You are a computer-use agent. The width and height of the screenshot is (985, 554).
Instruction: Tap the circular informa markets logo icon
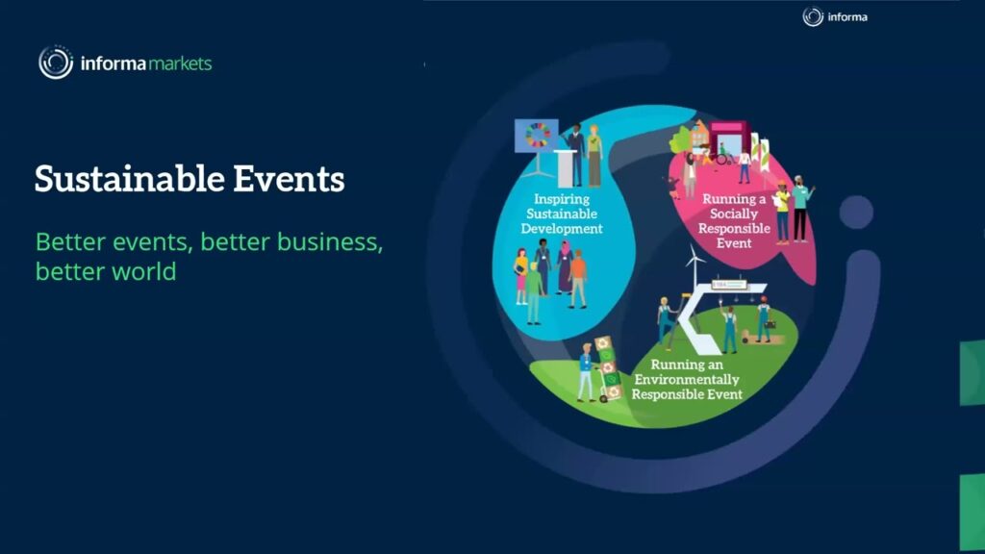tap(56, 63)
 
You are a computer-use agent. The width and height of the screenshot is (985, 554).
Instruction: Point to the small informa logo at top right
tap(835, 16)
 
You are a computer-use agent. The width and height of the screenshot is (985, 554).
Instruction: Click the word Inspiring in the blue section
tap(561, 199)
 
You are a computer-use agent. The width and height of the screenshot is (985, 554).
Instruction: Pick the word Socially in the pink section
tap(734, 214)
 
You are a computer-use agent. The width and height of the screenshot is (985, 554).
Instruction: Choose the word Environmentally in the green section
tap(687, 380)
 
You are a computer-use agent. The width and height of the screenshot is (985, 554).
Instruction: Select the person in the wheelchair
tap(721, 155)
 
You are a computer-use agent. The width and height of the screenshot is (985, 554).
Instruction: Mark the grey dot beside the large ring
tap(855, 212)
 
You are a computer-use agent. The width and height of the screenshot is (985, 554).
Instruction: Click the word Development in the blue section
tap(562, 229)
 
